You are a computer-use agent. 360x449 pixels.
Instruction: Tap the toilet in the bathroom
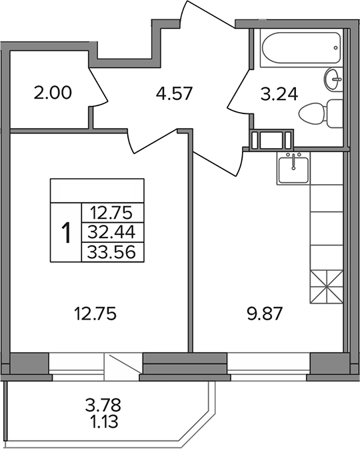(x=321, y=114)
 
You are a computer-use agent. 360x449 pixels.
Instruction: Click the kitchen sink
(x=293, y=168)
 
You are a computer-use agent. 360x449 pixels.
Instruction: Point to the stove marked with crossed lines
(x=326, y=287)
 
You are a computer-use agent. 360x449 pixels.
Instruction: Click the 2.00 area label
(x=53, y=93)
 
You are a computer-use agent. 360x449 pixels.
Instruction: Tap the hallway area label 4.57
(x=174, y=93)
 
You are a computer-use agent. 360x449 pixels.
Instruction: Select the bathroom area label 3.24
(x=279, y=94)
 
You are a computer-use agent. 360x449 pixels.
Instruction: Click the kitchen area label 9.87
(x=265, y=314)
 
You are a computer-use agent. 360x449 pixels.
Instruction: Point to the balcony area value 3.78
(x=103, y=405)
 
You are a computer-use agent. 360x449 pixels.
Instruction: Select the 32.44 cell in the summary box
(x=111, y=232)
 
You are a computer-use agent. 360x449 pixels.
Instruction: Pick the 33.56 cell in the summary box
(x=111, y=252)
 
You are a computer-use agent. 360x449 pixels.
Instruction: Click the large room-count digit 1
(x=67, y=233)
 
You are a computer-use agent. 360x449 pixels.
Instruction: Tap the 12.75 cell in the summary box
(x=111, y=213)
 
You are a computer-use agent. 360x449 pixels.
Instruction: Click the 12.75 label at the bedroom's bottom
(x=95, y=314)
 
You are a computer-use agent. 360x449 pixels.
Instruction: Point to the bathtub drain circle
(x=335, y=48)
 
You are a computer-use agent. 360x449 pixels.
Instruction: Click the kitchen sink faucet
(x=293, y=162)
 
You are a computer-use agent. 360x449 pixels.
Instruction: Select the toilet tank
(x=335, y=114)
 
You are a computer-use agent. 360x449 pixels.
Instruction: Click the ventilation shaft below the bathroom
(x=271, y=140)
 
